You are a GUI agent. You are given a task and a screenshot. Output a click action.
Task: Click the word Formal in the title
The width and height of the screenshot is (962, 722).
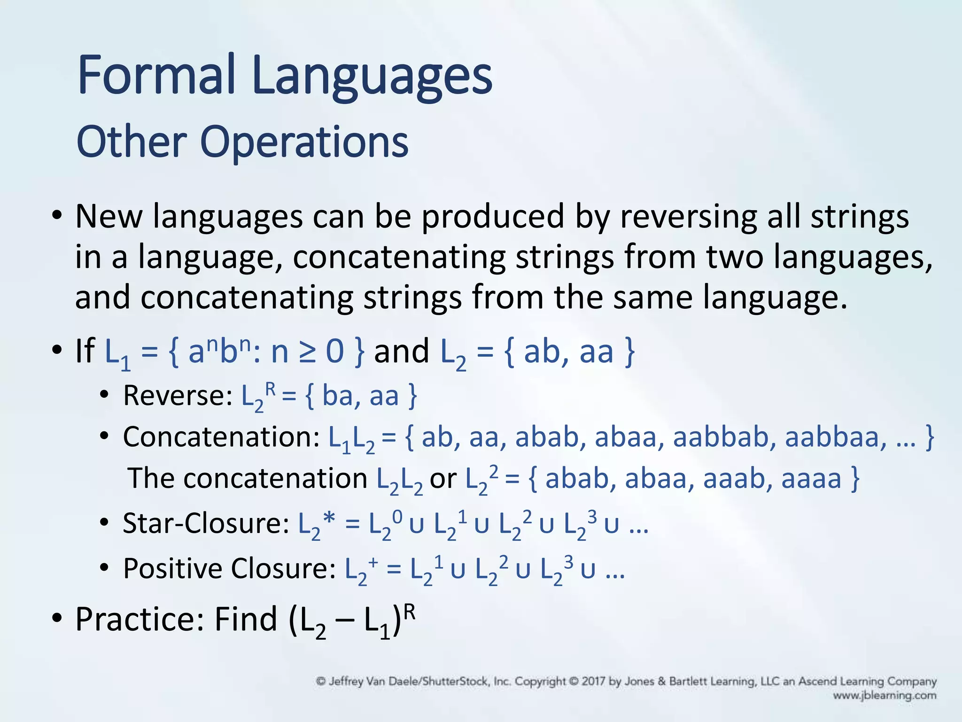pyautogui.click(x=156, y=75)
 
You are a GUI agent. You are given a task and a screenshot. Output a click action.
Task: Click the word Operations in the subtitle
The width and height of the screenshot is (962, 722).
pyautogui.click(x=304, y=142)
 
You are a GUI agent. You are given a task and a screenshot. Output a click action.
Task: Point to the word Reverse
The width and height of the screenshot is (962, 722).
pyautogui.click(x=174, y=396)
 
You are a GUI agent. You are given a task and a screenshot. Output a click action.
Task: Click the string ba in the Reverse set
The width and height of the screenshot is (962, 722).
pyautogui.click(x=337, y=396)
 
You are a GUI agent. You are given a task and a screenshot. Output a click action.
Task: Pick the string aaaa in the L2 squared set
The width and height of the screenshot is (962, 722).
pyautogui.click(x=811, y=479)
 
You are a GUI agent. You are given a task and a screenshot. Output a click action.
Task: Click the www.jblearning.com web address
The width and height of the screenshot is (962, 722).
pyautogui.click(x=884, y=695)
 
